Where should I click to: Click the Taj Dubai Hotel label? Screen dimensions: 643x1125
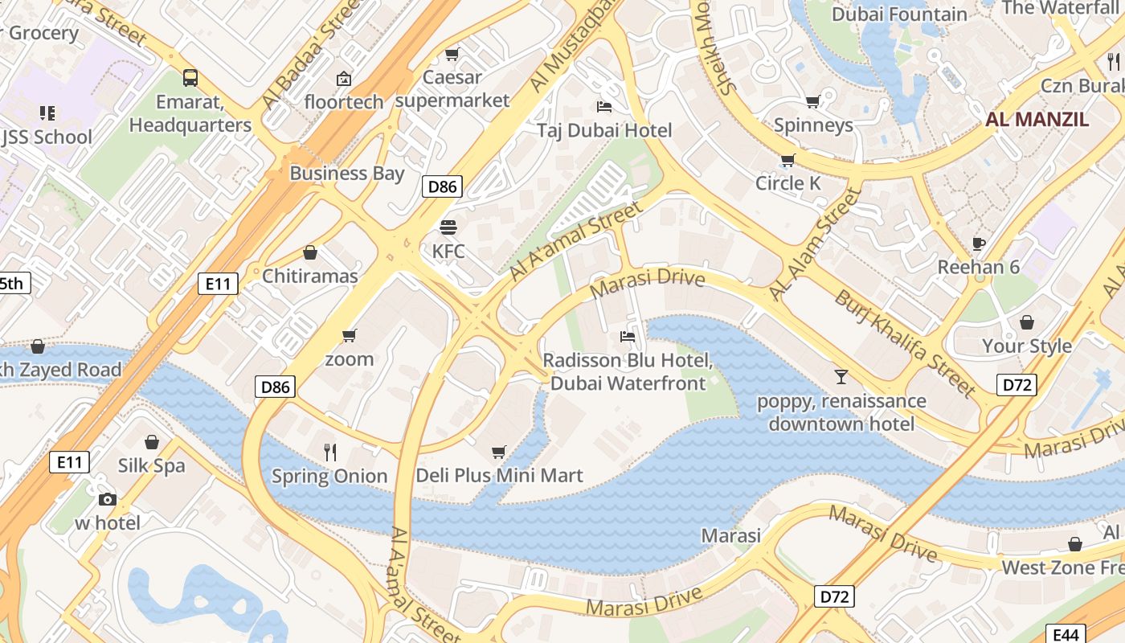point(603,130)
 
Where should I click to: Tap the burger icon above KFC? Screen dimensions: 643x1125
point(448,227)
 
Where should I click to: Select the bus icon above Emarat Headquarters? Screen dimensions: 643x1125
point(190,78)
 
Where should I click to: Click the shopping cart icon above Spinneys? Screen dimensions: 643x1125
point(813,102)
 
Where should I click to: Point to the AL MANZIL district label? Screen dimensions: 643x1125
point(1037,120)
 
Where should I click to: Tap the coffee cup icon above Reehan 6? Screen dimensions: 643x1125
point(978,244)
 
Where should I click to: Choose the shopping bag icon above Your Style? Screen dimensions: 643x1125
point(1026,322)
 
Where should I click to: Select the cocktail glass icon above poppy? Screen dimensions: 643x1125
point(841,376)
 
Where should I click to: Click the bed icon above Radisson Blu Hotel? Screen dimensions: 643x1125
point(628,336)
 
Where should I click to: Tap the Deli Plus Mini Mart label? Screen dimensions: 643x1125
point(499,475)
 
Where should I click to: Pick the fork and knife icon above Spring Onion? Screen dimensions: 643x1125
point(329,452)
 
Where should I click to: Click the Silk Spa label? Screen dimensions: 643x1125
point(151,465)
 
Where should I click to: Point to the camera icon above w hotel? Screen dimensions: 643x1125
point(107,499)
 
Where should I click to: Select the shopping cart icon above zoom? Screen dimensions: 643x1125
point(349,335)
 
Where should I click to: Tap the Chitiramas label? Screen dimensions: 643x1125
point(309,276)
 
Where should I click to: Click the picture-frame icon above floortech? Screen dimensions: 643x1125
point(344,79)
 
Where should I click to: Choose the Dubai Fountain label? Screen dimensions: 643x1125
point(899,14)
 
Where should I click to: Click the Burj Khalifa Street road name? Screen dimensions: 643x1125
point(904,342)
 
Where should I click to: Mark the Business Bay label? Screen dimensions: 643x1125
point(347,173)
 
